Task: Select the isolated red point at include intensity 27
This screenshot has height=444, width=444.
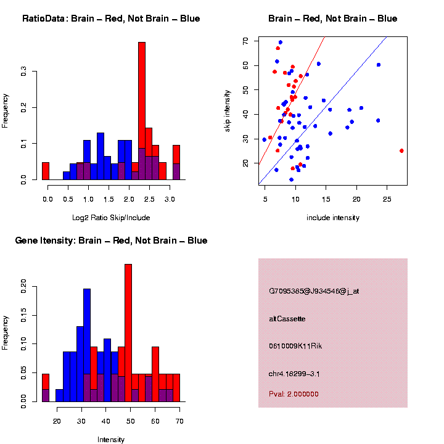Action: click(x=401, y=150)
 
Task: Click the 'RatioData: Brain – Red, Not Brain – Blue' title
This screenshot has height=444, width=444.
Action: click(x=111, y=18)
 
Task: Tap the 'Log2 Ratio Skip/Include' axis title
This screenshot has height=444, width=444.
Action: click(x=112, y=218)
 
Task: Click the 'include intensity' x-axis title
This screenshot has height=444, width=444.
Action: click(x=332, y=218)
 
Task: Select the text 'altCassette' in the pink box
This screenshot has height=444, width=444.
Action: click(x=287, y=319)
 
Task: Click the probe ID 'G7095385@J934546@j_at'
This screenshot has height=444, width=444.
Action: click(x=314, y=291)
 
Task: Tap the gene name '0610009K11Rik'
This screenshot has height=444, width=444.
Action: click(x=295, y=346)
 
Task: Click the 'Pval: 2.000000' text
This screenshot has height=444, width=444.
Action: click(x=294, y=394)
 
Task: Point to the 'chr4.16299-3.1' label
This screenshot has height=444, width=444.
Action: click(x=295, y=374)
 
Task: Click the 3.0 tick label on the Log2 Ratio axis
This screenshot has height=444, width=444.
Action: click(x=170, y=199)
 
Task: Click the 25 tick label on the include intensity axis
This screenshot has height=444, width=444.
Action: click(x=387, y=199)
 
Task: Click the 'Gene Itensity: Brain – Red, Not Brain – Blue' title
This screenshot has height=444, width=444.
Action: click(x=111, y=240)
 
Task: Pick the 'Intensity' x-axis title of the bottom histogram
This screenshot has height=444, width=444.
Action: click(x=111, y=440)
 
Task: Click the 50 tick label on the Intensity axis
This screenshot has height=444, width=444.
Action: click(x=129, y=421)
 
